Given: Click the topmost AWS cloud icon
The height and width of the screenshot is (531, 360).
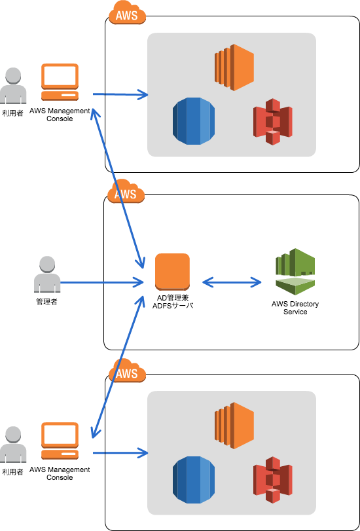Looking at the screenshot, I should pyautogui.click(x=127, y=13).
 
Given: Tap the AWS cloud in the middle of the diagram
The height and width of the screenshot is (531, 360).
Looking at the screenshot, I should pyautogui.click(x=126, y=192).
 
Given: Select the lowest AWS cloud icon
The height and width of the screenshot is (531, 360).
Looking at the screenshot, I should pyautogui.click(x=127, y=371).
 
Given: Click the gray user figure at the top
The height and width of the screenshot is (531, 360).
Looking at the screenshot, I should pyautogui.click(x=13, y=86).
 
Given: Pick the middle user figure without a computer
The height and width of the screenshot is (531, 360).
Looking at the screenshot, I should pyautogui.click(x=47, y=274).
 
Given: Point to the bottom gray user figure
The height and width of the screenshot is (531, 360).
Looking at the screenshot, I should pyautogui.click(x=13, y=445).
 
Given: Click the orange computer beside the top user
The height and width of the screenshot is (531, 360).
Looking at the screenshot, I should pyautogui.click(x=60, y=82).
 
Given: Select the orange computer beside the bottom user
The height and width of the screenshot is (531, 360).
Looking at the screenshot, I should pyautogui.click(x=60, y=441).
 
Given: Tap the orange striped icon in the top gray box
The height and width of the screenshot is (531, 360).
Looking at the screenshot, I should pyautogui.click(x=234, y=67).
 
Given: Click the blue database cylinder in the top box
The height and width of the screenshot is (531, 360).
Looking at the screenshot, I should pyautogui.click(x=194, y=121).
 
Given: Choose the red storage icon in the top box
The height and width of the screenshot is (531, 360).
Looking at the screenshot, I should pyautogui.click(x=273, y=122).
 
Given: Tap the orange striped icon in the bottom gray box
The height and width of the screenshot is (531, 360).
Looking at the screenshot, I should pyautogui.click(x=234, y=426).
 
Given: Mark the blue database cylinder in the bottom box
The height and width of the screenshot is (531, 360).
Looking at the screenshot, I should pyautogui.click(x=194, y=480).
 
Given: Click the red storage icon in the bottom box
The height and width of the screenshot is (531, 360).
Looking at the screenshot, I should pyautogui.click(x=273, y=480).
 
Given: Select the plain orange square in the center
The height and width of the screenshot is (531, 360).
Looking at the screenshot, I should pyautogui.click(x=172, y=272).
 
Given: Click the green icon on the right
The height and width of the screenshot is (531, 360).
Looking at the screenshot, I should pyautogui.click(x=295, y=271).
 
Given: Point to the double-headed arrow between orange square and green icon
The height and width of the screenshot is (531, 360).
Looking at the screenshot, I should pyautogui.click(x=232, y=282).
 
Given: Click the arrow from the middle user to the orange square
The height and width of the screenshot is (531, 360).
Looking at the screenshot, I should pyautogui.click(x=101, y=283).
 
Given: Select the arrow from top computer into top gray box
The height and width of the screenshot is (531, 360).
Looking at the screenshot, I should pyautogui.click(x=121, y=94).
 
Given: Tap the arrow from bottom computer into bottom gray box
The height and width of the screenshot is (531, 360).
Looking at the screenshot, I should pyautogui.click(x=121, y=452).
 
